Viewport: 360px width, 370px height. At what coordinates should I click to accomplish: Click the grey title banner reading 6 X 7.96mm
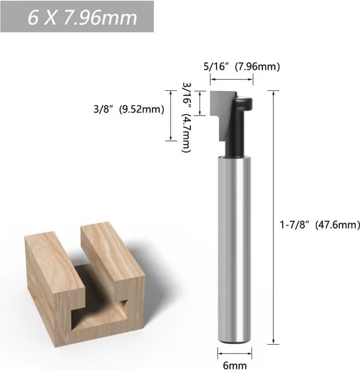pyautogui.click(x=77, y=16)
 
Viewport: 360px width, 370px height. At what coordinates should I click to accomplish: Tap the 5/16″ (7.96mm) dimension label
pyautogui.click(x=242, y=67)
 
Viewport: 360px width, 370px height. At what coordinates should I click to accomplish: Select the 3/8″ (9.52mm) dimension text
pyautogui.click(x=129, y=109)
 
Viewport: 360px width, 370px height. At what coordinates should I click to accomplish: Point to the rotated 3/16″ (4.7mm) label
pyautogui.click(x=186, y=117)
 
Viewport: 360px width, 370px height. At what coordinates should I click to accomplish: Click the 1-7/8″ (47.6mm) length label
pyautogui.click(x=320, y=225)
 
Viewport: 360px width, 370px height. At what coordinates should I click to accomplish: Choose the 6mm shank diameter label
pyautogui.click(x=235, y=365)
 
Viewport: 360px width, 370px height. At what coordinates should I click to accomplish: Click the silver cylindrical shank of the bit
pyautogui.click(x=234, y=250)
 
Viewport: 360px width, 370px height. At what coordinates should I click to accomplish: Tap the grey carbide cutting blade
pyautogui.click(x=221, y=113)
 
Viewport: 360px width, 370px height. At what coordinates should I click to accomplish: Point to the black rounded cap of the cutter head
pyautogui.click(x=244, y=103)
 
